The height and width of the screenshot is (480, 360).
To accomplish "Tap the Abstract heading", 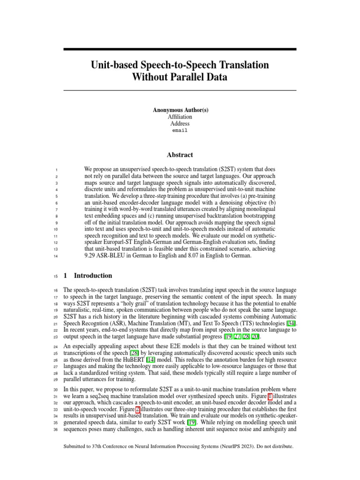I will point(180,155).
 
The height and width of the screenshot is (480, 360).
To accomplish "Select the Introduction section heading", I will point(93,276).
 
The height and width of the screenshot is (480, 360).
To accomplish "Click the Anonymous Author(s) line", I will point(180,110).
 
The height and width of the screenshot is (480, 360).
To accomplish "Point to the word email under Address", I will point(180,131).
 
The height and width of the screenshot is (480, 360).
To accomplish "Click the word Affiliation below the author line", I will point(180,117).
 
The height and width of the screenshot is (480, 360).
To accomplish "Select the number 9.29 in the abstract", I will point(92,256).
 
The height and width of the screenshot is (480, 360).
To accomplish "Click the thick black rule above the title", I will point(180,49).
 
